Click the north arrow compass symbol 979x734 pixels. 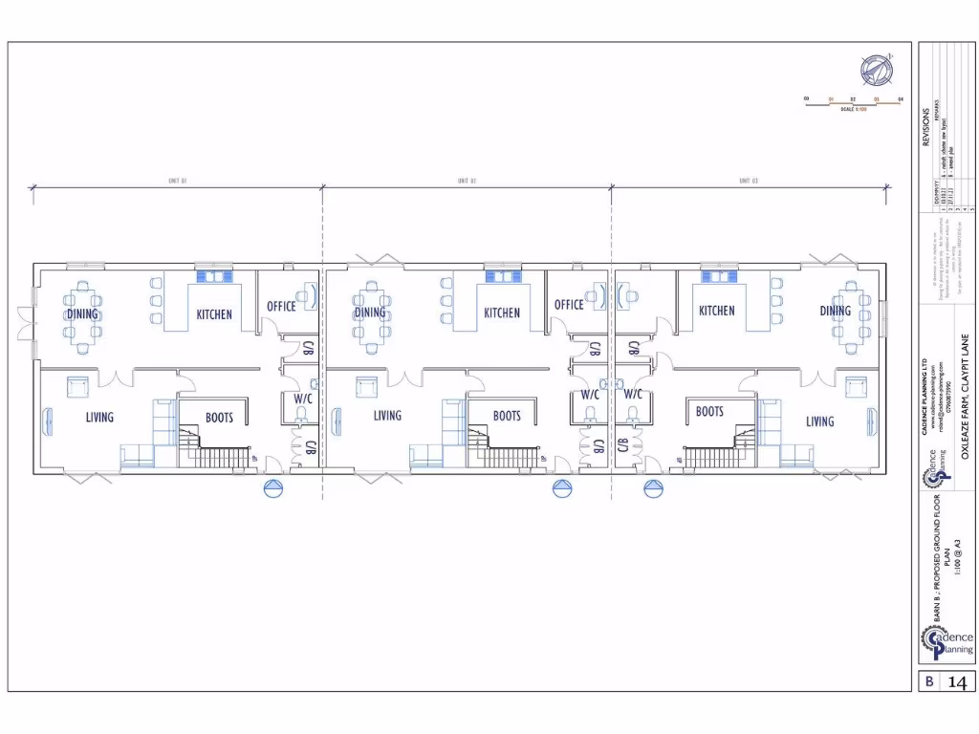(x=874, y=68)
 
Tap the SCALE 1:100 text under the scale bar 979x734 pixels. (x=853, y=110)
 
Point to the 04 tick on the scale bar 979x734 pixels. (x=900, y=98)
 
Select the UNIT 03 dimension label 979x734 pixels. (x=749, y=180)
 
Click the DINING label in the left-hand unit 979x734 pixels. (x=82, y=313)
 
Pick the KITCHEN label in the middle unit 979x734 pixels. (x=501, y=313)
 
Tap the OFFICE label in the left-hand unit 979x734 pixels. (x=281, y=306)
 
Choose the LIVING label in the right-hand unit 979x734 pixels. (x=819, y=421)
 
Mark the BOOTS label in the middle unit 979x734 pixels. (x=507, y=416)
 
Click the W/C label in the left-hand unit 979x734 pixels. (x=303, y=399)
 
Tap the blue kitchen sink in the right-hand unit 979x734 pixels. (x=715, y=276)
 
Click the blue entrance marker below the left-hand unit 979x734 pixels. (x=274, y=489)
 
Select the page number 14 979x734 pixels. (x=958, y=682)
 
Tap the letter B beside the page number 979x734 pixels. (x=928, y=682)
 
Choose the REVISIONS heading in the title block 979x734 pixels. (x=925, y=124)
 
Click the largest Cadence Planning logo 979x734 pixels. (x=947, y=640)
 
